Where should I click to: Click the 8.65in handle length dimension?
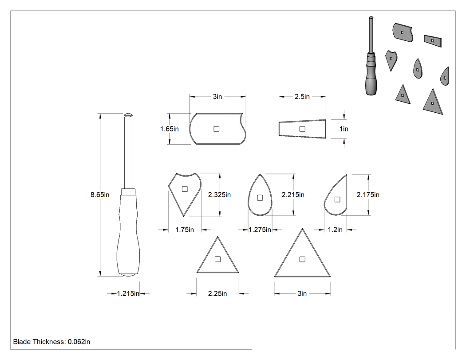click(x=100, y=195)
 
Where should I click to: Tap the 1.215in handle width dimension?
click(x=128, y=294)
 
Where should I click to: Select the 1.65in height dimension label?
click(x=170, y=129)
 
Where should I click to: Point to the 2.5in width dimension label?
click(x=302, y=97)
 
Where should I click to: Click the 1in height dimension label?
click(x=344, y=129)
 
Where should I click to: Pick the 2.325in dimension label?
click(x=219, y=195)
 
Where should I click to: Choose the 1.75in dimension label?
click(x=185, y=230)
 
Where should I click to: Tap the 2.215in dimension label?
click(x=293, y=195)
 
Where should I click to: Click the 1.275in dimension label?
click(x=260, y=230)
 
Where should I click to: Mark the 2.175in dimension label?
click(x=368, y=195)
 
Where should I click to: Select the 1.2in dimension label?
click(x=335, y=230)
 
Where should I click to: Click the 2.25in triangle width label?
click(x=217, y=294)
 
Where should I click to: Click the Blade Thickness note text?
click(x=52, y=342)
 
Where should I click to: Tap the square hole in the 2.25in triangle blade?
click(x=217, y=259)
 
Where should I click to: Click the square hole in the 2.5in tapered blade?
click(x=302, y=129)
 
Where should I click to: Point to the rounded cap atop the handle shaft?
click(x=128, y=115)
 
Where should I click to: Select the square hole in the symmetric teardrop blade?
click(x=260, y=198)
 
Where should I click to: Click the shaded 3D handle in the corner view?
click(x=371, y=56)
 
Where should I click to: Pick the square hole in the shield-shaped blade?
click(x=185, y=189)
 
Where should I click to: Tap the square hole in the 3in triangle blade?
click(x=302, y=259)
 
